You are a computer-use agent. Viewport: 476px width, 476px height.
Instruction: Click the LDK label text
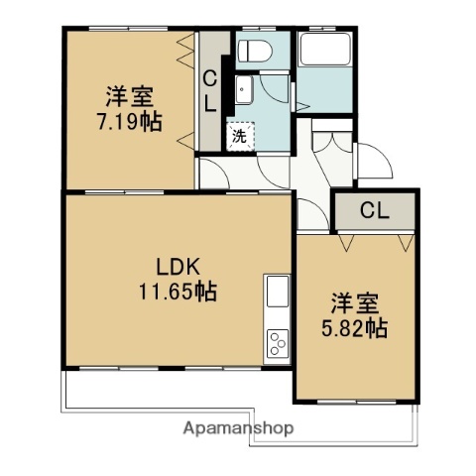(178, 267)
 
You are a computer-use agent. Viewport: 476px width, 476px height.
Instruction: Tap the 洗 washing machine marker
(239, 136)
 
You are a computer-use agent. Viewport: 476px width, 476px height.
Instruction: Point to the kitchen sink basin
(277, 294)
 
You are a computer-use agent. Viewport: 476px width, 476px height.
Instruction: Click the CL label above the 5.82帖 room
(373, 209)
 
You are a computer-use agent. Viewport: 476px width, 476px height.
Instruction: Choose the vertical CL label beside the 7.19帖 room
(211, 89)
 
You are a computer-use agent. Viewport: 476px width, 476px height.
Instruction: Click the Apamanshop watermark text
(238, 428)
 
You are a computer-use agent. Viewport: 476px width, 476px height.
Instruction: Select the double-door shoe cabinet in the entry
(328, 144)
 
